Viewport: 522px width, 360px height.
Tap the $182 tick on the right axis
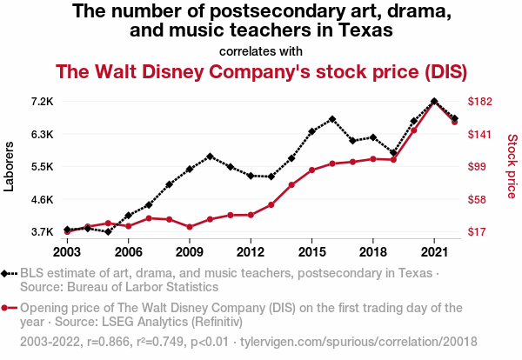[481, 102]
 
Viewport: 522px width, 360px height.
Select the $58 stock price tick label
[478, 199]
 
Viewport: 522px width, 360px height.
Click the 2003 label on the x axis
[67, 251]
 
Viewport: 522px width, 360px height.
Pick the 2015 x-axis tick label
[311, 251]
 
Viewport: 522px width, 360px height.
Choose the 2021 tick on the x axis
[434, 251]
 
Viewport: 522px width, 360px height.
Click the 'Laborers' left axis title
[10, 167]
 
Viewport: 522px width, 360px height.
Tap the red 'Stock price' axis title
[512, 166]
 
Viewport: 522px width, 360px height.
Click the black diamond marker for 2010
[210, 157]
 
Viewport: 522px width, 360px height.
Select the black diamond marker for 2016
[332, 119]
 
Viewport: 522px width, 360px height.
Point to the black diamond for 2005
[108, 232]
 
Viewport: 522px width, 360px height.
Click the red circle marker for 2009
[190, 227]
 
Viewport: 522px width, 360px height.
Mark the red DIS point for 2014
[291, 185]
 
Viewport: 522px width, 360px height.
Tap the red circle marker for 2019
[393, 160]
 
